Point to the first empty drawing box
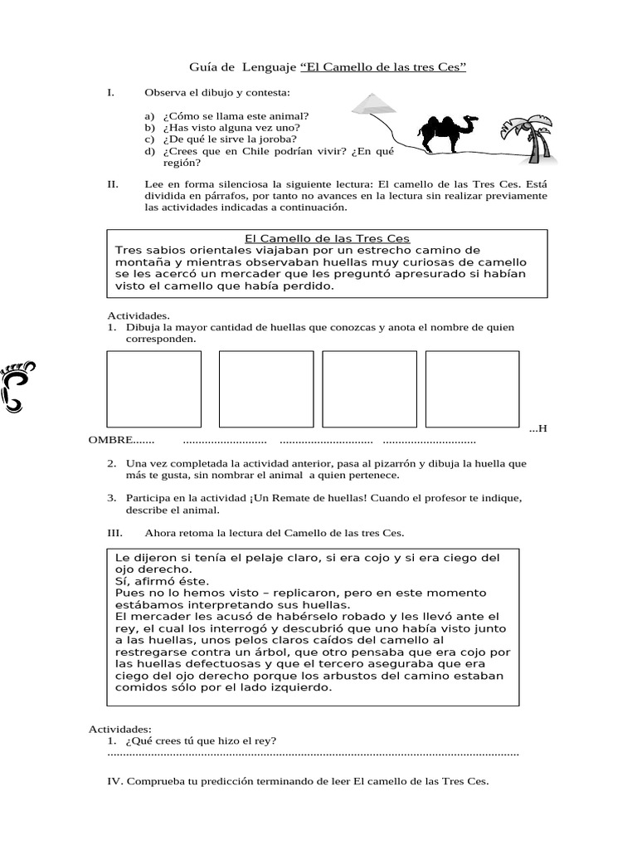click(x=154, y=388)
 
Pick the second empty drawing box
click(x=266, y=388)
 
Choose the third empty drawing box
click(x=369, y=388)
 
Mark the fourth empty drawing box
click(x=473, y=388)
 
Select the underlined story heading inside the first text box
click(x=328, y=239)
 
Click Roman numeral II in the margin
click(x=113, y=184)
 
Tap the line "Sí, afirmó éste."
click(x=163, y=582)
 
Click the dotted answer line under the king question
click(x=314, y=754)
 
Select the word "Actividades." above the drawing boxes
click(x=139, y=315)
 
